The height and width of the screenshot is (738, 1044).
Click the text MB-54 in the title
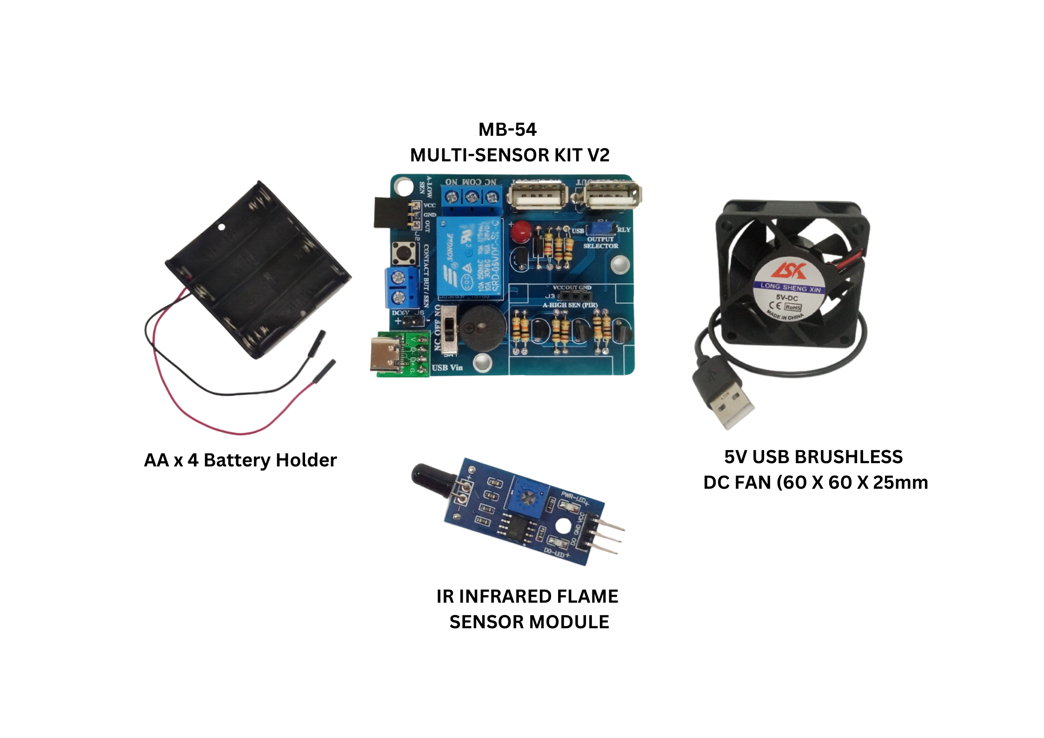tap(507, 130)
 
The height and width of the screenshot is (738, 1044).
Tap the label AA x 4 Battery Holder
tap(240, 460)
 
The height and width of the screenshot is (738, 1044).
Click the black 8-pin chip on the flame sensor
tap(516, 528)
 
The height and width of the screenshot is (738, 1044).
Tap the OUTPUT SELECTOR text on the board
tap(600, 243)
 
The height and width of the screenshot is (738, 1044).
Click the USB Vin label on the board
tap(447, 368)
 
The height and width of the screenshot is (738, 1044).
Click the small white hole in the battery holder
tap(222, 227)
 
